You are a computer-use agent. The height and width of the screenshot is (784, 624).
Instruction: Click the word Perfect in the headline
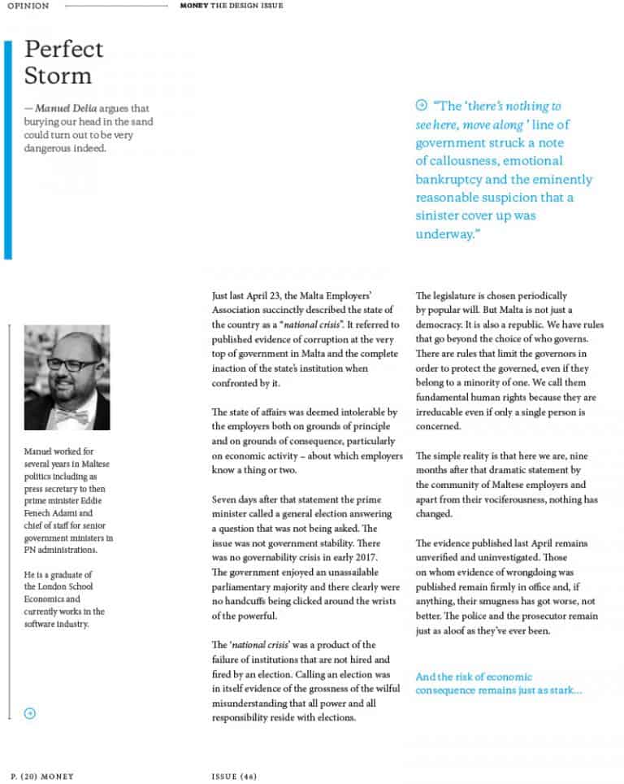[x=63, y=50]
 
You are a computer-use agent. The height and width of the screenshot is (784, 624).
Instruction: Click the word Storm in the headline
[x=58, y=76]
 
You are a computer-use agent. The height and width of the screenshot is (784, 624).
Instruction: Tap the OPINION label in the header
[x=28, y=6]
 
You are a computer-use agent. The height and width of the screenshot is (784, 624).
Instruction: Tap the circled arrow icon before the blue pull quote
[x=421, y=105]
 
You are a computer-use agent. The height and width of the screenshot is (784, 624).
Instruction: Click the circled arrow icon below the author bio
[x=30, y=713]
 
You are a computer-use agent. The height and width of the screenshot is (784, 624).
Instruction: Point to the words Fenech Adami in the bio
[x=63, y=514]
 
